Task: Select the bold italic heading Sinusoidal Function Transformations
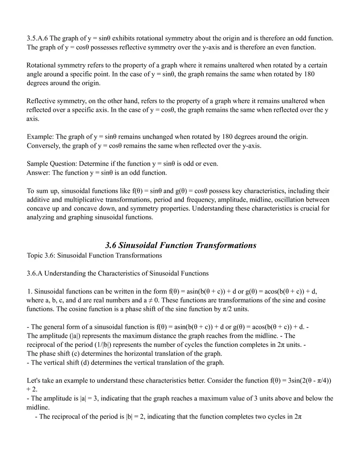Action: (180, 245)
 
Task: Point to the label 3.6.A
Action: (36, 273)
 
